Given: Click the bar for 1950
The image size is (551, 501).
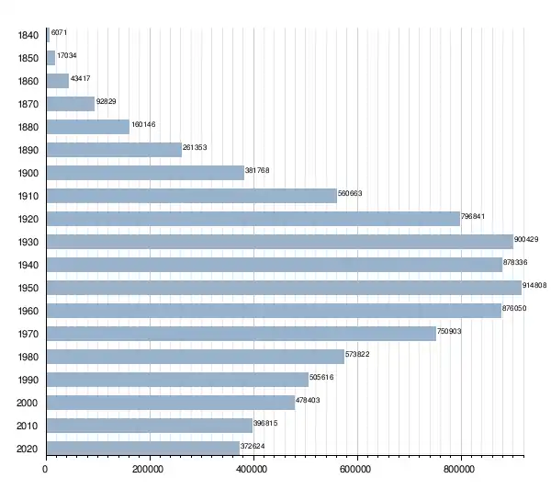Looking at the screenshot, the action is click(x=284, y=288).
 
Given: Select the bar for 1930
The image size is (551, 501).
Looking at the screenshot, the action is click(x=280, y=242).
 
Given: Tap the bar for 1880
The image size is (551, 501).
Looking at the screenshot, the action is click(x=88, y=127).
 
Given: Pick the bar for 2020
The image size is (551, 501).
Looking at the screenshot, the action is click(x=143, y=449).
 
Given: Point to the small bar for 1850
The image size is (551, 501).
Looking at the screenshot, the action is click(x=51, y=58).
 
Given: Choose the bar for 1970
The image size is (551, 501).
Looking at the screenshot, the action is click(x=242, y=334).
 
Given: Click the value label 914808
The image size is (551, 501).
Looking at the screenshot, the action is click(x=534, y=285).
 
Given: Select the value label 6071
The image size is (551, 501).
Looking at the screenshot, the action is click(x=59, y=32).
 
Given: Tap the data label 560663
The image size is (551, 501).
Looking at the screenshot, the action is click(x=350, y=193).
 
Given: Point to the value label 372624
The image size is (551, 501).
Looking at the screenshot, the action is click(x=253, y=446).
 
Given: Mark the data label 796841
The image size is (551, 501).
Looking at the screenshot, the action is click(x=473, y=216).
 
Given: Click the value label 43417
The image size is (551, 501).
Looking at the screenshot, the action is click(x=81, y=78).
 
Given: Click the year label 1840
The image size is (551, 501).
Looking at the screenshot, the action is click(x=28, y=35).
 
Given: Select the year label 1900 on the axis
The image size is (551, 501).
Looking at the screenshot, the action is click(x=28, y=173).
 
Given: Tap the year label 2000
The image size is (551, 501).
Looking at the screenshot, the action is click(x=27, y=403).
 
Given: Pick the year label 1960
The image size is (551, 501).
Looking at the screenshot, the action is click(x=28, y=311).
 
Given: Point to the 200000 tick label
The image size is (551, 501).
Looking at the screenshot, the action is click(x=148, y=470).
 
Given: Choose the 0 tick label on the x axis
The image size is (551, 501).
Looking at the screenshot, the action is click(x=45, y=470).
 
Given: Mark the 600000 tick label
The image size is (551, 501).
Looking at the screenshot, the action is click(x=355, y=470).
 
